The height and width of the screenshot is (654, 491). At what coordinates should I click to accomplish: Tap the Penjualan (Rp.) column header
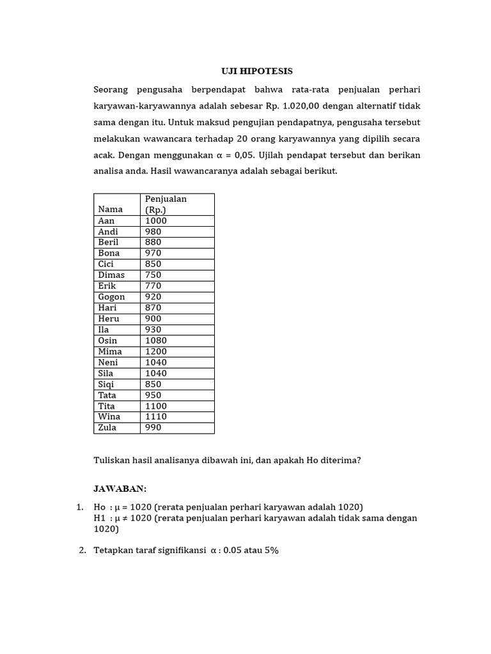pos(166,204)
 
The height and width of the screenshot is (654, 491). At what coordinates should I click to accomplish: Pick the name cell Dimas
pos(111,275)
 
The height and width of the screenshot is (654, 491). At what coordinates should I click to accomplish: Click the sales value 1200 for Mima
pos(156,351)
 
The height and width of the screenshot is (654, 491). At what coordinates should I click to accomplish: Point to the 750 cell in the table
pos(153,275)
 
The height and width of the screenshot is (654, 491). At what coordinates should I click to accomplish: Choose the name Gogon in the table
pos(112,296)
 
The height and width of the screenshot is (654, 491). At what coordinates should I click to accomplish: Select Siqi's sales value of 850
pos(153,384)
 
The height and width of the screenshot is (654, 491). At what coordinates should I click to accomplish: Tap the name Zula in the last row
pos(107,427)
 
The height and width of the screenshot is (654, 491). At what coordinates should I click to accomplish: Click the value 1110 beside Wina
pos(156,416)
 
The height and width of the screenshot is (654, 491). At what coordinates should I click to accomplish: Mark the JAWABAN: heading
pos(120,489)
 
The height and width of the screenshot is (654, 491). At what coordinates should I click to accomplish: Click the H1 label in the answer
pos(99,518)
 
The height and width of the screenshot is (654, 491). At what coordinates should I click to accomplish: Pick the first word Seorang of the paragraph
pos(111,89)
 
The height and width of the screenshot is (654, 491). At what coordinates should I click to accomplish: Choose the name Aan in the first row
pos(106,220)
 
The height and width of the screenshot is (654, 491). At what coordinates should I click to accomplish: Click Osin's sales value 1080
pos(156,340)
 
